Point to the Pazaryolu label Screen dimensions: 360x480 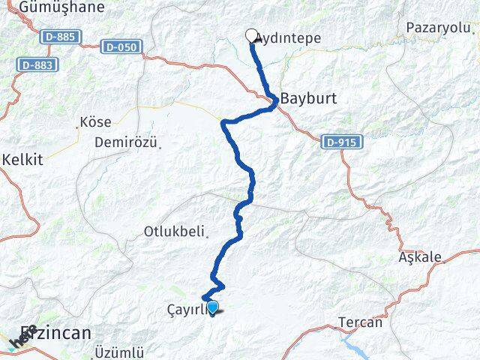pyautogui.click(x=439, y=27)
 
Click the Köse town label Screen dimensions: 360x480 pyautogui.click(x=95, y=121)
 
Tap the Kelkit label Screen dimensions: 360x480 pyautogui.click(x=22, y=160)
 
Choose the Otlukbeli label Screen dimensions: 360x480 pyautogui.click(x=175, y=232)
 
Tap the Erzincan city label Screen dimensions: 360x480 pyautogui.click(x=56, y=332)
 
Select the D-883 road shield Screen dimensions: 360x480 pyautogui.click(x=34, y=65)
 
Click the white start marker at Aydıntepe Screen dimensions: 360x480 pyautogui.click(x=252, y=34)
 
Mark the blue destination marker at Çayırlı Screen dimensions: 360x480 pyautogui.click(x=213, y=306)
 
